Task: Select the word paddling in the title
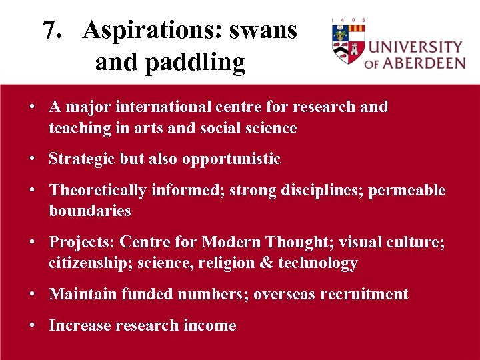click(170, 62)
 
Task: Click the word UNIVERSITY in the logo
click(415, 47)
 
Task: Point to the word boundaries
click(90, 211)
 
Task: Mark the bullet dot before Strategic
click(32, 159)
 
